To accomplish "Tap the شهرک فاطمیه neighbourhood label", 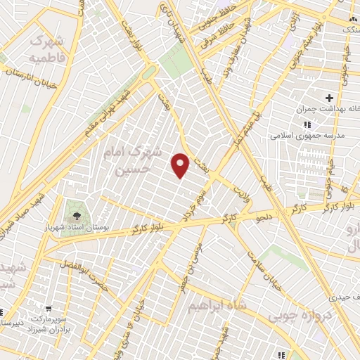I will (x=49, y=48).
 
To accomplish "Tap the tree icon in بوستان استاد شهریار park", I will (x=74, y=210).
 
